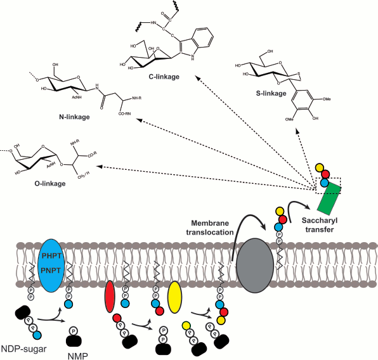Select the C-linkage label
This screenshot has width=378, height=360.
(147, 78)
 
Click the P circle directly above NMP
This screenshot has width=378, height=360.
(74, 333)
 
